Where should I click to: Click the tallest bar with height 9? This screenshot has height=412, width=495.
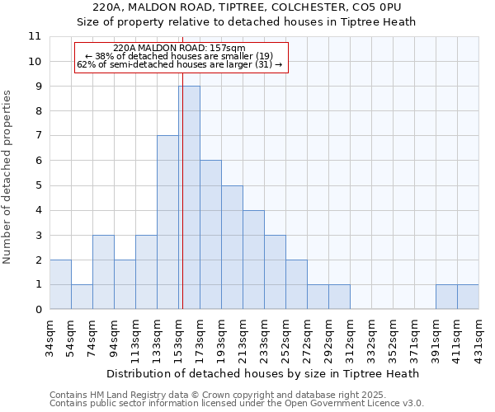point(189,198)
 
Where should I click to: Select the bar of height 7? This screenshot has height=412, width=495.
point(167,222)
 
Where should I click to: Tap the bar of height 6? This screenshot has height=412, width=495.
point(210,235)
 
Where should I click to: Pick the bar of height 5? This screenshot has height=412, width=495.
point(232,247)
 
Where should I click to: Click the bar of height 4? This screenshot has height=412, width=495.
point(253,260)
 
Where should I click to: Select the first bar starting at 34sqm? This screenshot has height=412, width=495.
point(60,284)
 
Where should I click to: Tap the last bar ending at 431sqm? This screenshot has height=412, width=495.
point(468,297)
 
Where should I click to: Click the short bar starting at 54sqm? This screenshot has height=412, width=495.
point(82,297)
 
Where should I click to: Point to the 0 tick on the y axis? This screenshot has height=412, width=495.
point(38,310)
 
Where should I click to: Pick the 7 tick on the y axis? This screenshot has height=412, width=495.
point(38,136)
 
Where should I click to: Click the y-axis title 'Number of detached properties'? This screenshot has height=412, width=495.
point(8,176)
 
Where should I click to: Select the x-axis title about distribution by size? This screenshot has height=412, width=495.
point(263,373)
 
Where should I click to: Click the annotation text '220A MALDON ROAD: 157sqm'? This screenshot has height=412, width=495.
point(179,49)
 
